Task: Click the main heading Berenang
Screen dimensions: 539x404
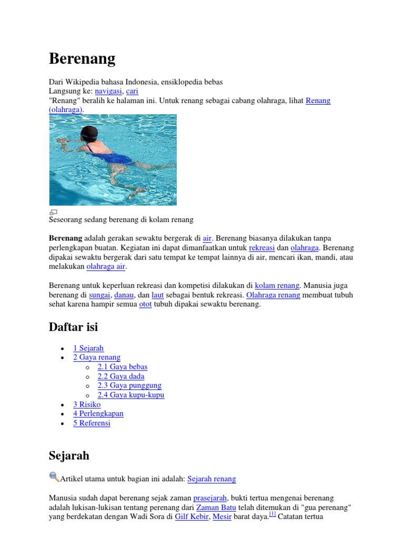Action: pyautogui.click(x=82, y=58)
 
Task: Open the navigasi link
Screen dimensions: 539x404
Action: pyautogui.click(x=108, y=91)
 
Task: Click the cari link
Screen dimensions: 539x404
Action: pyautogui.click(x=132, y=91)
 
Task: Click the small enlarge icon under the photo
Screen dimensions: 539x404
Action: pyautogui.click(x=53, y=212)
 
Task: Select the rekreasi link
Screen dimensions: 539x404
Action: pyautogui.click(x=262, y=247)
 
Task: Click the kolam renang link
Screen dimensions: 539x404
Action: pyautogui.click(x=277, y=285)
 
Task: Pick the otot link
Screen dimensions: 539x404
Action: pyautogui.click(x=145, y=304)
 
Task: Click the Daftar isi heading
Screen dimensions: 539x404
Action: pyautogui.click(x=73, y=327)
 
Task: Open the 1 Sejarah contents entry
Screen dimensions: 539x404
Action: pyautogui.click(x=88, y=348)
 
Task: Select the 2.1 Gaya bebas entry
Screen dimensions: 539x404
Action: pyautogui.click(x=123, y=367)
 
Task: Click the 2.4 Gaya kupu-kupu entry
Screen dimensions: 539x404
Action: pyautogui.click(x=131, y=395)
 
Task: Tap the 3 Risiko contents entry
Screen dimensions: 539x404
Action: pyautogui.click(x=87, y=404)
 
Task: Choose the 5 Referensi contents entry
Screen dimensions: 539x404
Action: pyautogui.click(x=92, y=423)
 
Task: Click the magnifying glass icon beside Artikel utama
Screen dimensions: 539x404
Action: pyautogui.click(x=54, y=477)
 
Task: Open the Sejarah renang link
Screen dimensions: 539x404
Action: pyautogui.click(x=211, y=479)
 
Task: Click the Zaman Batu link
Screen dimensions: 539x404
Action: pyautogui.click(x=215, y=507)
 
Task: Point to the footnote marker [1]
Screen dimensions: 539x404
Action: pyautogui.click(x=272, y=515)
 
